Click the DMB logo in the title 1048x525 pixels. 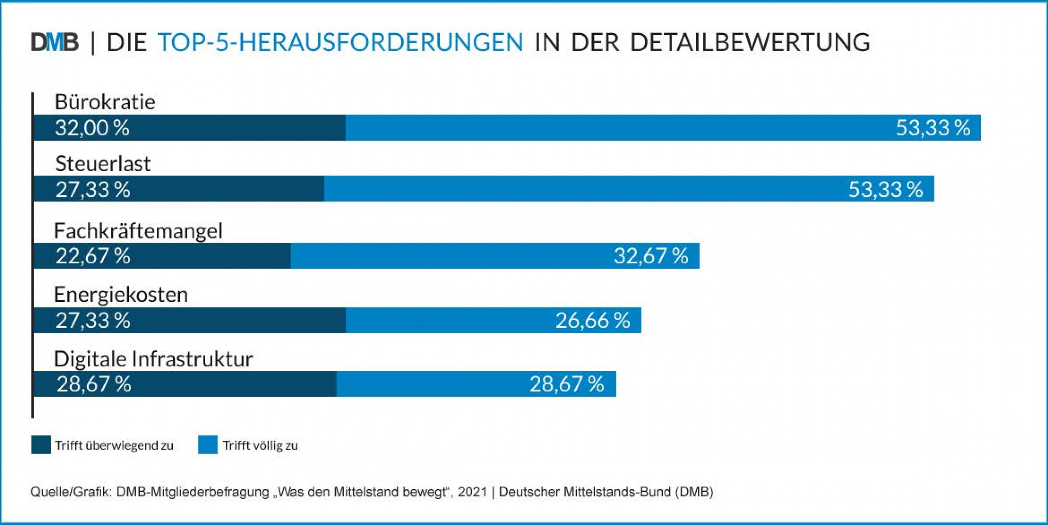click(55, 42)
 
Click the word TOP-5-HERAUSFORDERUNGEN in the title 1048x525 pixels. click(341, 42)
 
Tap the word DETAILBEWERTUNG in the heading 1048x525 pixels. click(750, 42)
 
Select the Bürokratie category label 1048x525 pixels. click(105, 102)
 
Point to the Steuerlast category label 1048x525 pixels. click(103, 164)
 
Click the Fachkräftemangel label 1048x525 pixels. click(138, 231)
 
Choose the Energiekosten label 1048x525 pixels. click(121, 294)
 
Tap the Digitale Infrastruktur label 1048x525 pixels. click(153, 359)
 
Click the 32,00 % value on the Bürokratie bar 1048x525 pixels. click(92, 128)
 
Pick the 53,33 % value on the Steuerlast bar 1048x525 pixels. click(886, 190)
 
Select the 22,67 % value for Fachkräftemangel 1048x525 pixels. click(93, 256)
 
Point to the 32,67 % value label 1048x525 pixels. click(651, 256)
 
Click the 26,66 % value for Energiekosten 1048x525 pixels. click(593, 320)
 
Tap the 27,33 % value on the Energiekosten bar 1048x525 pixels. click(93, 320)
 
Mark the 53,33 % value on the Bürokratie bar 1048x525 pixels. click(933, 128)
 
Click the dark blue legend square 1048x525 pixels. click(41, 445)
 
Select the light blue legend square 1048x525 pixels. click(207, 445)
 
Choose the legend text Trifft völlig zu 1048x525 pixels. click(260, 446)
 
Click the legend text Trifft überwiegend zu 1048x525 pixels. click(114, 446)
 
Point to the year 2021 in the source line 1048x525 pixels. click(472, 492)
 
